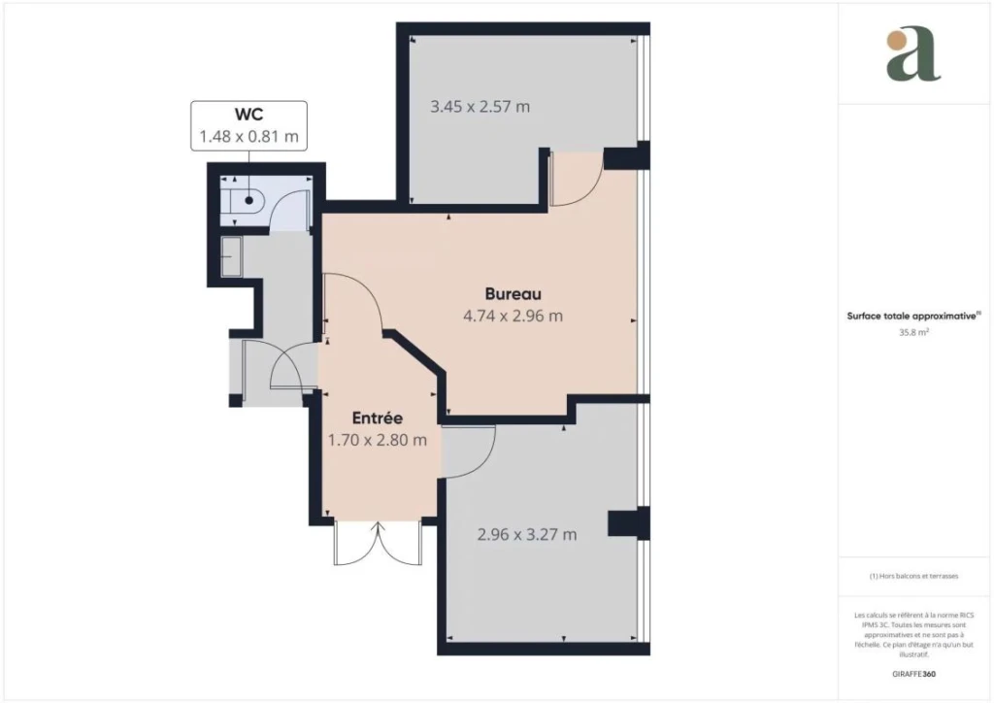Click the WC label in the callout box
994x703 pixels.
pos(248,115)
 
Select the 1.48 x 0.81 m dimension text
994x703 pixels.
pos(248,136)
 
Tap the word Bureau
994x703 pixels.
pos(513,294)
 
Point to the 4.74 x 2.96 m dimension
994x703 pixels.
pos(513,316)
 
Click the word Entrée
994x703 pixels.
pos(378,418)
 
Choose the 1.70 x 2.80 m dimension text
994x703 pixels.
pos(378,440)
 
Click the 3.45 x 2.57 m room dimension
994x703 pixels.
pos(480,107)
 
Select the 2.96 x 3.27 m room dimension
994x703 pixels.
pos(527,534)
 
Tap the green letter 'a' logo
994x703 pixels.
pos(912,55)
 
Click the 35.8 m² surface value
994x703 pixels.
pos(913,331)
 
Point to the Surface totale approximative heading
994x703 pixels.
pos(912,316)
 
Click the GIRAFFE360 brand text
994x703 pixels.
pos(913,674)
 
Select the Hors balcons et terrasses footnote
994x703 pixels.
pos(913,576)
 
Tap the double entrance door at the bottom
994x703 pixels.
pos(378,543)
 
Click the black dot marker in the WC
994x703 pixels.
pos(249,200)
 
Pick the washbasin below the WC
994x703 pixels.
pos(231,256)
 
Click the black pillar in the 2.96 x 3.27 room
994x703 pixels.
pos(628,523)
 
